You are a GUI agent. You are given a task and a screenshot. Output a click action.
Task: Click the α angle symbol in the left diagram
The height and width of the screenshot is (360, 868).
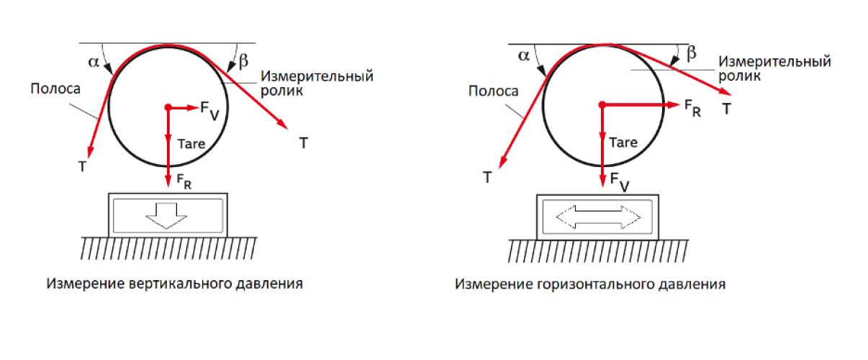pos(94,62)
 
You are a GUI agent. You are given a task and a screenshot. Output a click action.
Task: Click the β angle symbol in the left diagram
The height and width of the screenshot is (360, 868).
pos(243,61)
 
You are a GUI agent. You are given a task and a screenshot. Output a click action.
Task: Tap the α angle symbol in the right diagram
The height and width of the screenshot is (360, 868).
pos(524,56)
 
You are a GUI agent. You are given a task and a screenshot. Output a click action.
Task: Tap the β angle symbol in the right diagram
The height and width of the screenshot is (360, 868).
pos(691,53)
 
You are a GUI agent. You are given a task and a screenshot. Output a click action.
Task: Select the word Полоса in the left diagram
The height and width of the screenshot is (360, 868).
pos(55,89)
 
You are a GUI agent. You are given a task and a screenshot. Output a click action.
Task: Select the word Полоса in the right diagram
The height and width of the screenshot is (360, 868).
pos(493,91)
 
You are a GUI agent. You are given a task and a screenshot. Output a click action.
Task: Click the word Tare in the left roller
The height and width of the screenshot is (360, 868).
pos(191,144)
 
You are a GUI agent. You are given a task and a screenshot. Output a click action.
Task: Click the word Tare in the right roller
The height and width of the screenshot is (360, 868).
pos(623,143)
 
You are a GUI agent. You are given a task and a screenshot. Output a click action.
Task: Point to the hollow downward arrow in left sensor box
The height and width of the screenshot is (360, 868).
pos(167,215)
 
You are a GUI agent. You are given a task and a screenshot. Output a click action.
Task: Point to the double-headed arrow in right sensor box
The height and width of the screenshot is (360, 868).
pos(598,217)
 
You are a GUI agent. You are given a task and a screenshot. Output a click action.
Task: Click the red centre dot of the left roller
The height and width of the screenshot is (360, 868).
pos(168,107)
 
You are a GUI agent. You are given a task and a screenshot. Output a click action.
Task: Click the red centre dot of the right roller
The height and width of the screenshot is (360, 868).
pos(602,104)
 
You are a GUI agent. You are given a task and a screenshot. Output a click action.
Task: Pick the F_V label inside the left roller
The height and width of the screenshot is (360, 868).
pos(210,110)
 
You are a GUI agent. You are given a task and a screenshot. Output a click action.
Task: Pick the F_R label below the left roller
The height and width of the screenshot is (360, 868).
pos(184,181)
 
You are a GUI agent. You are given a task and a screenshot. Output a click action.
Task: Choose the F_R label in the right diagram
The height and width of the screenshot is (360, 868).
pos(692,108)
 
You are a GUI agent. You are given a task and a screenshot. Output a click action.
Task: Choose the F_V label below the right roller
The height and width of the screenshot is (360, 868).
pos(620,182)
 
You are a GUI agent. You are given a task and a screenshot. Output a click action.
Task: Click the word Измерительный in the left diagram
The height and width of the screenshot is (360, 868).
pos(317,76)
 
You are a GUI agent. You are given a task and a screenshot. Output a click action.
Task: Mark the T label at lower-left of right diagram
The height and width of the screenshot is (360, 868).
pos(487,178)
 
